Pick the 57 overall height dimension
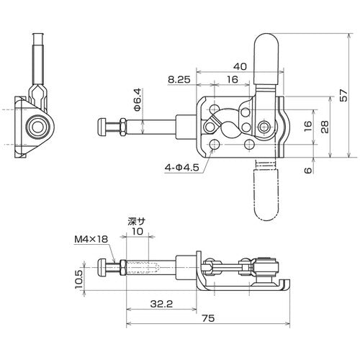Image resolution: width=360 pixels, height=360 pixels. [x=351, y=94]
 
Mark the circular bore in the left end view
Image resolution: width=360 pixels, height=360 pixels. [x=34, y=127]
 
